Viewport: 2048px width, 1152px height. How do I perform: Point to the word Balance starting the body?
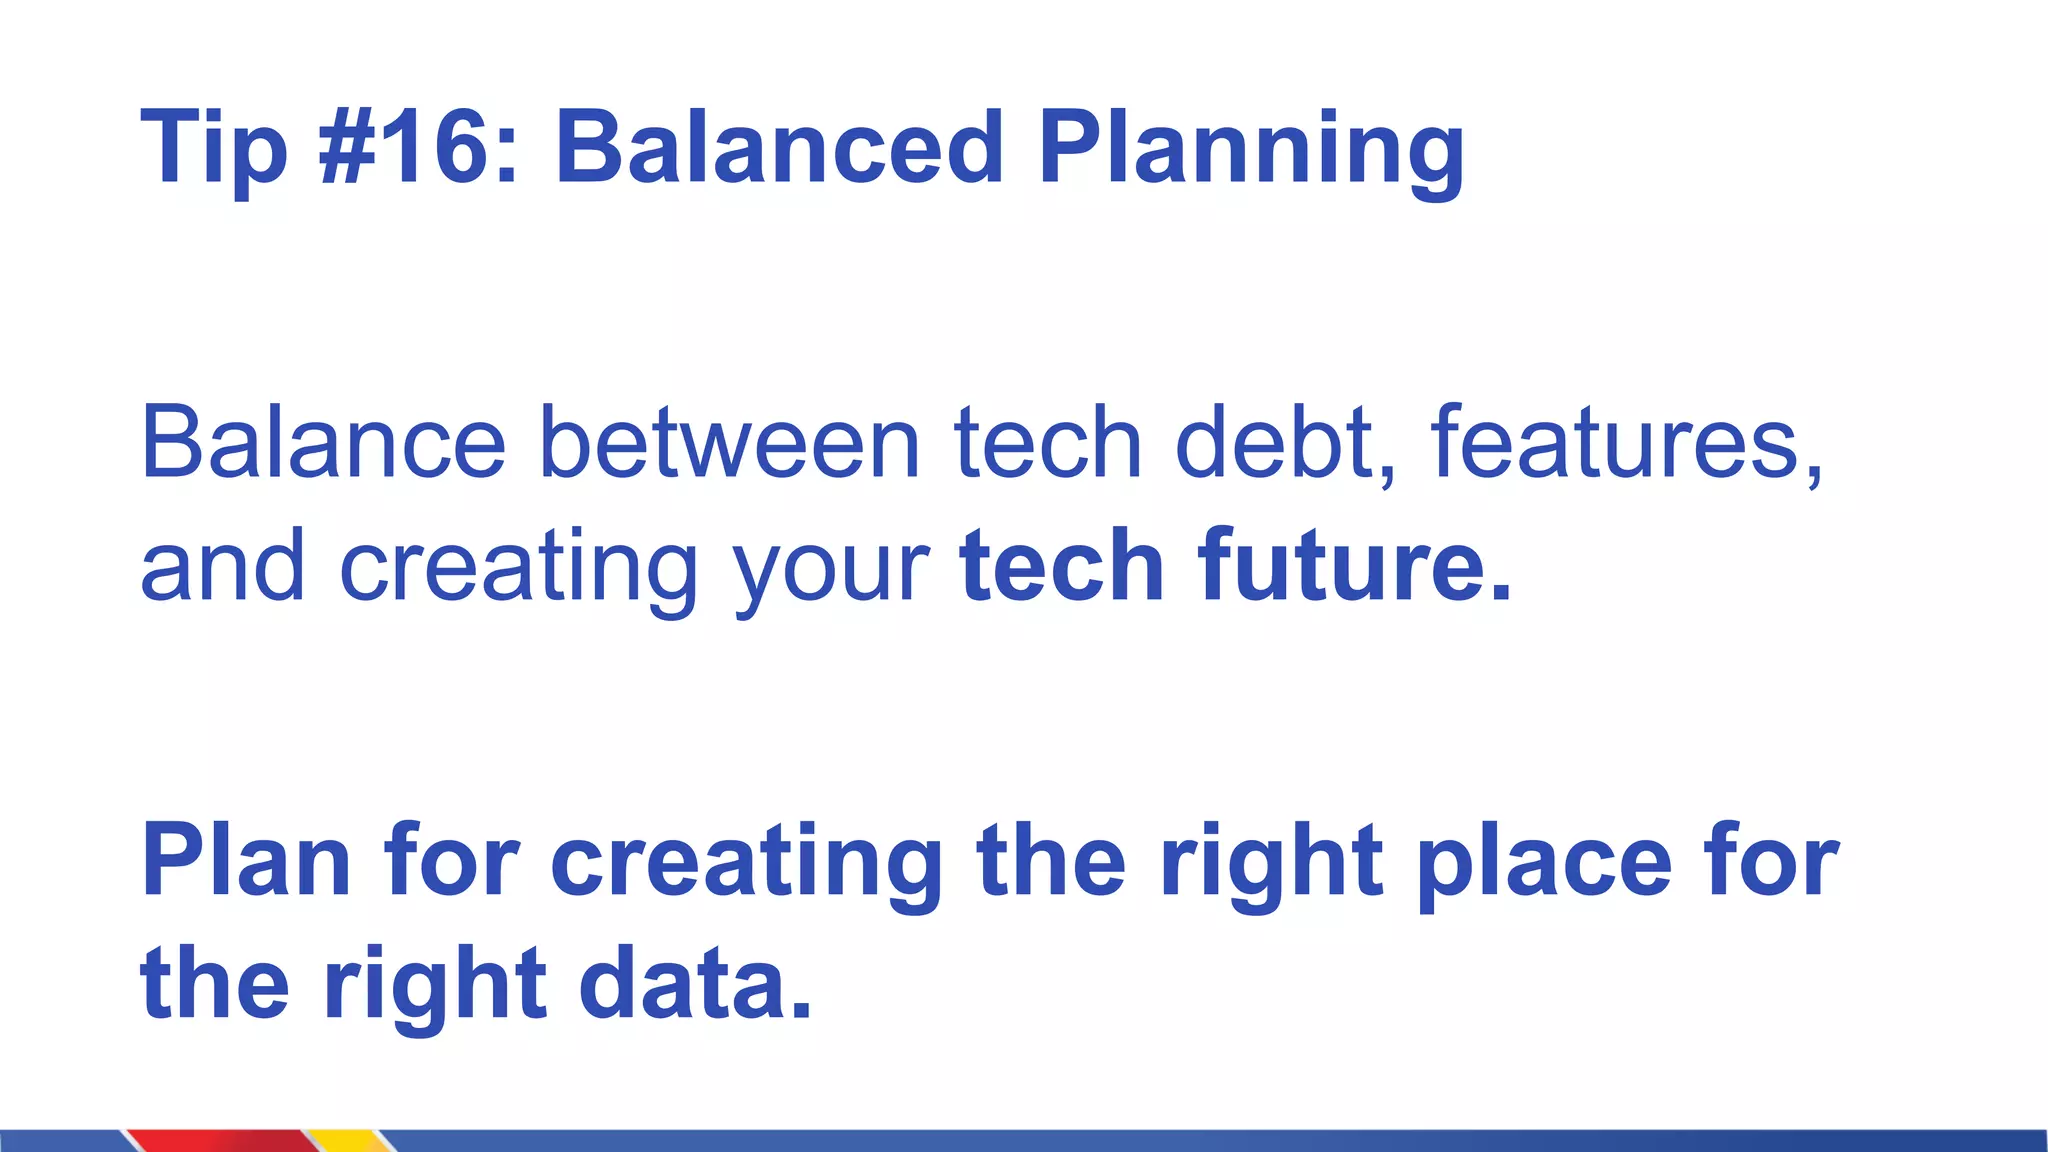tap(323, 443)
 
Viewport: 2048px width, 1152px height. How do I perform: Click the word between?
tap(729, 443)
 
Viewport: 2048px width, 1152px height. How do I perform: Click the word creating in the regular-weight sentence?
tap(518, 568)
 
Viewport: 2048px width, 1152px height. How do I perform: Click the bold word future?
tap(1355, 566)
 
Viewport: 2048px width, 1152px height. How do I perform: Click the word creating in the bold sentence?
tap(746, 862)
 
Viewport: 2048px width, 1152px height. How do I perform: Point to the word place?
tap(1545, 862)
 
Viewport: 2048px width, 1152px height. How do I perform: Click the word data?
tap(695, 984)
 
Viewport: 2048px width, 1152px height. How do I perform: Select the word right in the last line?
tap(435, 986)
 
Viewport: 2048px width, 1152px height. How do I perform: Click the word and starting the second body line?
tap(222, 568)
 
